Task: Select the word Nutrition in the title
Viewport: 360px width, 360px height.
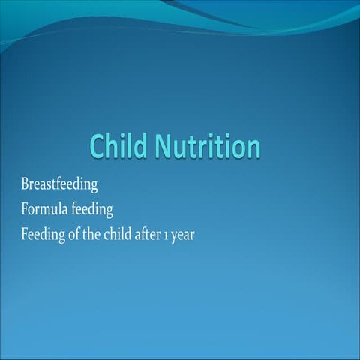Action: (x=208, y=146)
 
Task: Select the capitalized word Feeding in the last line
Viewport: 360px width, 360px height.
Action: (x=44, y=232)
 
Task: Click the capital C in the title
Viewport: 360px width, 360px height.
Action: (x=98, y=147)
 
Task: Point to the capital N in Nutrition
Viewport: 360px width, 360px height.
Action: (x=165, y=147)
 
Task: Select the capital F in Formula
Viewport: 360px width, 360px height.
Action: (x=25, y=208)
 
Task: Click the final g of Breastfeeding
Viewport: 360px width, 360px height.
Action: (x=94, y=186)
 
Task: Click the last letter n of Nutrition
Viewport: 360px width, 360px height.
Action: (x=253, y=148)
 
